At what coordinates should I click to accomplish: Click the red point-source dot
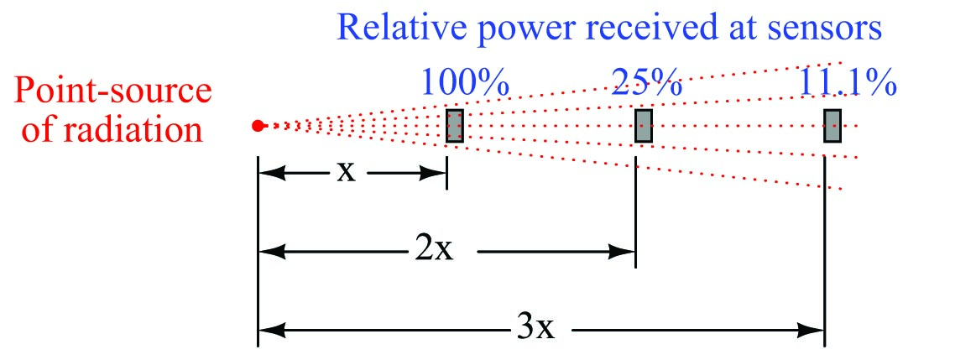pyautogui.click(x=259, y=126)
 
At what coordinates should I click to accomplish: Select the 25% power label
pyautogui.click(x=646, y=83)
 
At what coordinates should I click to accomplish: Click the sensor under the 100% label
pyautogui.click(x=455, y=125)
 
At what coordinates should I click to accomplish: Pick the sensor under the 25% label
pyautogui.click(x=644, y=125)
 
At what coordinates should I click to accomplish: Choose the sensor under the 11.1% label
pyautogui.click(x=832, y=125)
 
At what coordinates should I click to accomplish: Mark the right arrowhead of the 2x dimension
pyautogui.click(x=626, y=251)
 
